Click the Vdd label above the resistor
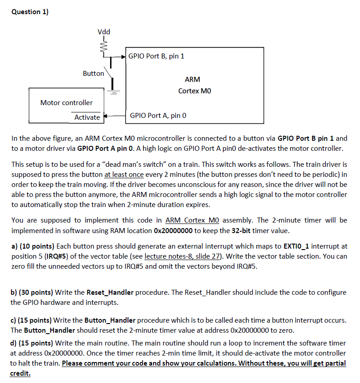(104, 32)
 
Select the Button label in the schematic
(93, 73)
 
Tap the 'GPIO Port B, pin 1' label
(156, 56)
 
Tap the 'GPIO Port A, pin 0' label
(158, 116)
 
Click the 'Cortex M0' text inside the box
(195, 90)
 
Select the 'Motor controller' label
(66, 102)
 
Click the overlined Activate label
(87, 117)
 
